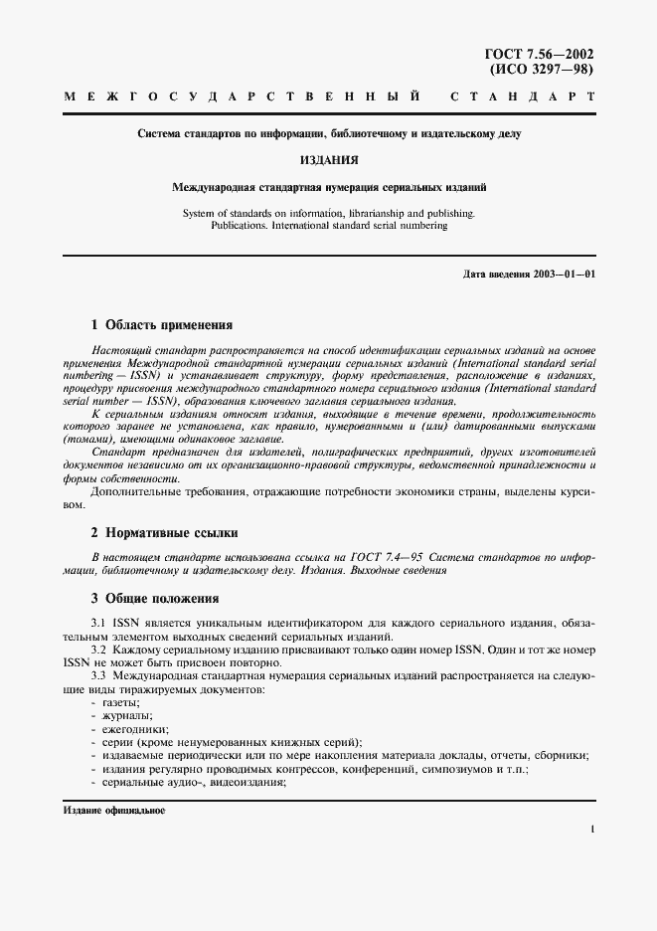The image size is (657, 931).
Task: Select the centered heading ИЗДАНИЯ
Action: click(x=328, y=158)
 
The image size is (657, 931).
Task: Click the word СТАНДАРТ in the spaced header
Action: click(x=523, y=98)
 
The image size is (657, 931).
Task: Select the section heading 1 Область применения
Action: click(x=161, y=324)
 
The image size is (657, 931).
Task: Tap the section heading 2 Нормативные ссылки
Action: click(x=164, y=532)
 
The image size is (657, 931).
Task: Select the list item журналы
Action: click(x=126, y=715)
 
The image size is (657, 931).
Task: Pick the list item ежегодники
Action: click(x=134, y=728)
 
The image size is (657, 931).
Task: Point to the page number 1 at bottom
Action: click(x=591, y=829)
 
